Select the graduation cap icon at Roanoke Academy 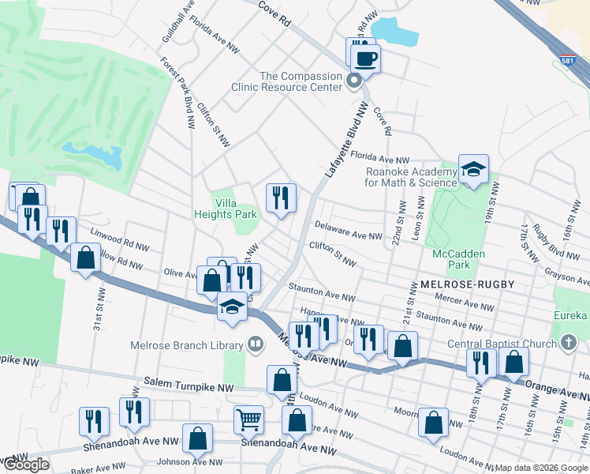pos(473,169)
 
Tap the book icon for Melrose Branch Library pos(255,344)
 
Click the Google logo pos(25,465)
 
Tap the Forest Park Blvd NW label pos(177,92)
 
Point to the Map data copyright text pos(540,468)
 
